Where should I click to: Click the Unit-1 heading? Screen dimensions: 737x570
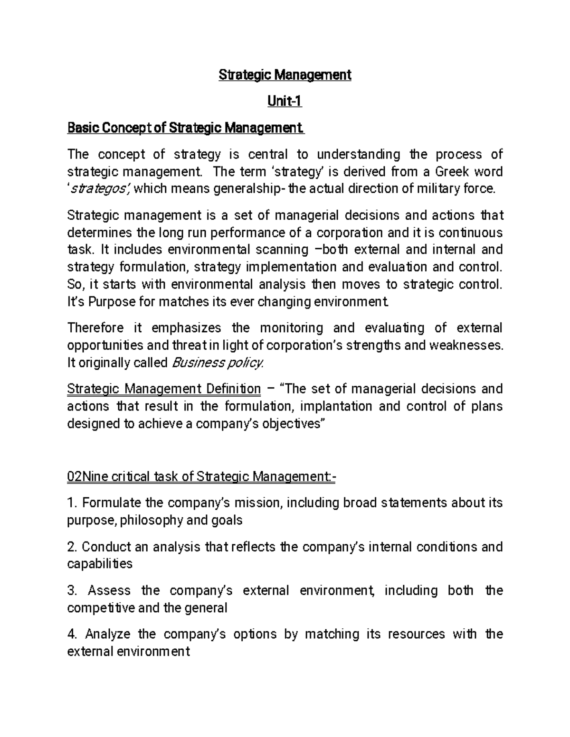285,102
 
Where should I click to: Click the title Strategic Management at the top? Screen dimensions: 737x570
285,75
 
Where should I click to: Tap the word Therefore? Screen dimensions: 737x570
95,328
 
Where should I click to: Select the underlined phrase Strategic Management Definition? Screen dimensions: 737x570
164,389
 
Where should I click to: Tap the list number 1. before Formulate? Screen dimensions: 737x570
72,503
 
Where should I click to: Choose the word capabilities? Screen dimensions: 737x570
100,564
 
